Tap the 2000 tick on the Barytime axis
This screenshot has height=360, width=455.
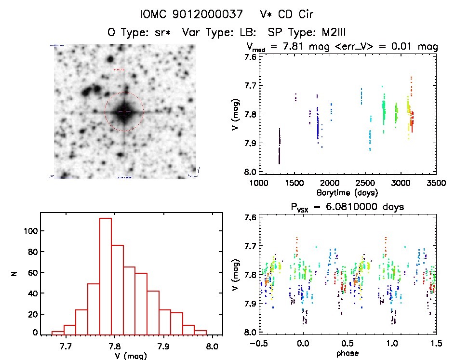(x=330, y=183)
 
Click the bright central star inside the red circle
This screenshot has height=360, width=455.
(x=124, y=111)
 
